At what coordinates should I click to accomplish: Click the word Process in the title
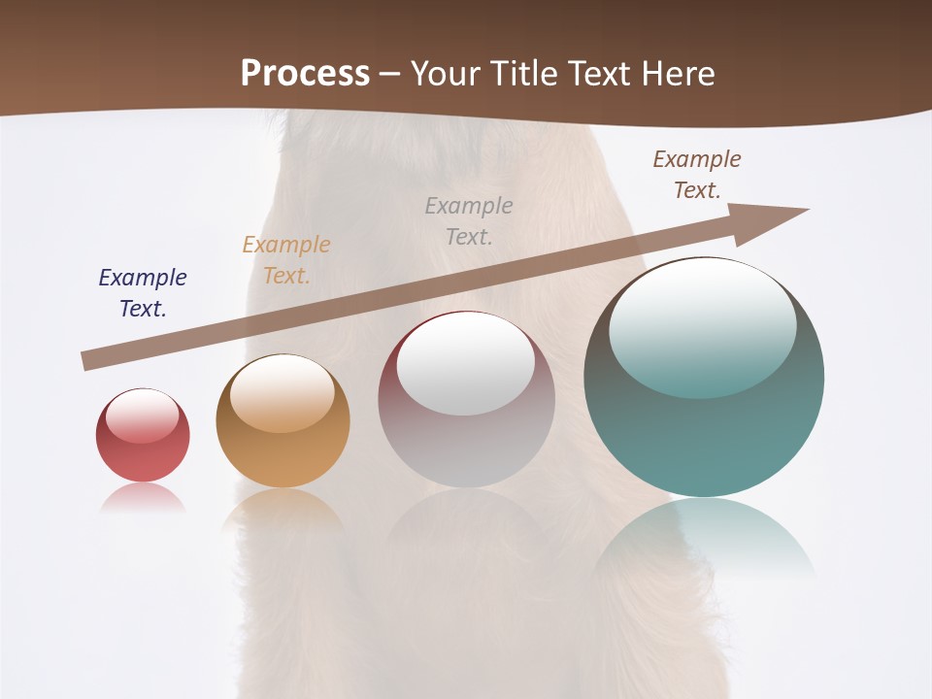coord(305,73)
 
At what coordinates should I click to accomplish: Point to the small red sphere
coord(143,449)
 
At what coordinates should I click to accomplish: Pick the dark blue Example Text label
coord(143,293)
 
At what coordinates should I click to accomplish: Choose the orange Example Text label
coord(286,260)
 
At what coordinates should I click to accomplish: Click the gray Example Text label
coord(469,220)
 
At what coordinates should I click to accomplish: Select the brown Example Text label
coord(697,175)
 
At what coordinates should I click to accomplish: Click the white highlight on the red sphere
coord(142,416)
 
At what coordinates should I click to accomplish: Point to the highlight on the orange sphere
coord(283,391)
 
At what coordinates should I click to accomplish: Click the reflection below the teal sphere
coord(704,534)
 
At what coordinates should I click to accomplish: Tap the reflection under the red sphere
coord(143,497)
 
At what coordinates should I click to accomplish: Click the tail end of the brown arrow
coord(89,359)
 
